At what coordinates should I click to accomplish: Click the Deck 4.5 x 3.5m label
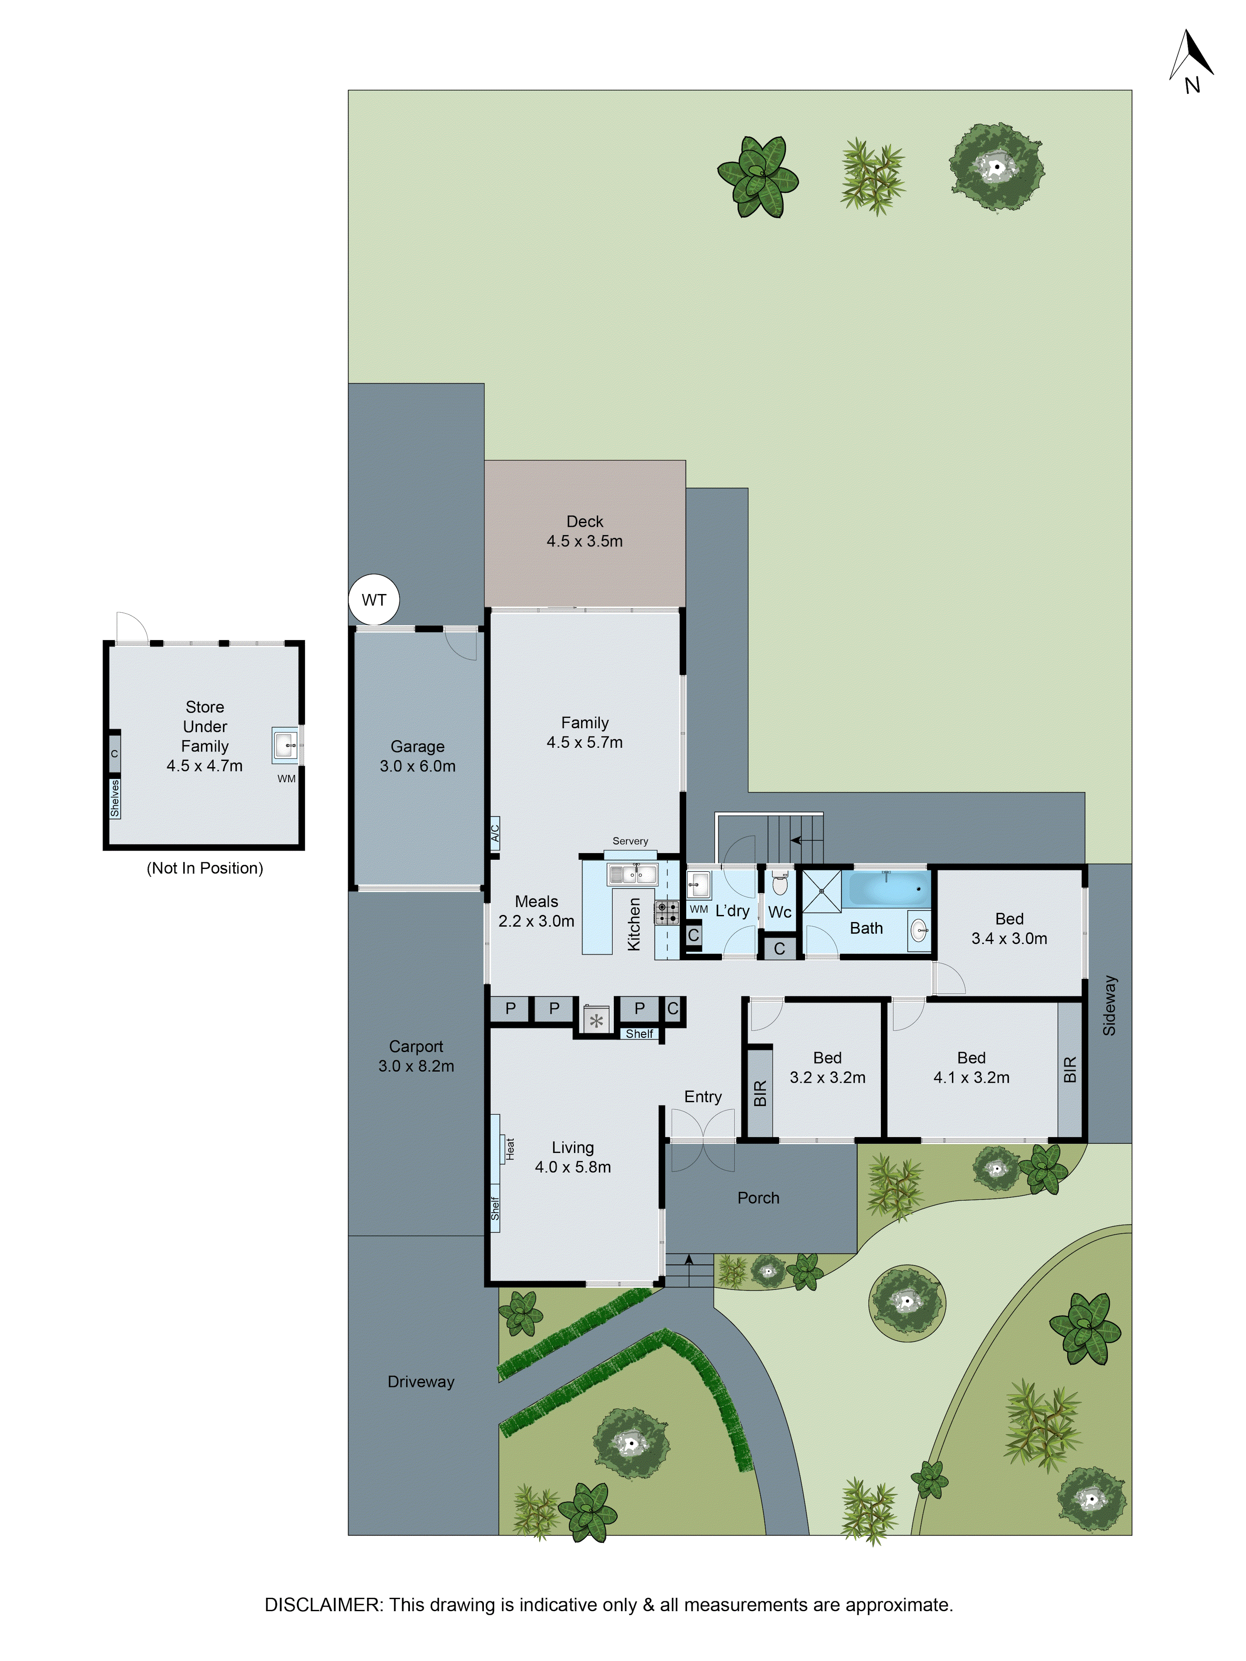(x=584, y=531)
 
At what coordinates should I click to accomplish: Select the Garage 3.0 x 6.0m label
(x=417, y=756)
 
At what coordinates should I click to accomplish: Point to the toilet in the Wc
(x=780, y=884)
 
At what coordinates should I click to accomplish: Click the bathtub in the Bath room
(x=886, y=889)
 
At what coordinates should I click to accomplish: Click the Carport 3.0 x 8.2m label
(x=416, y=1056)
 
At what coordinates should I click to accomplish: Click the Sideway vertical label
(x=1109, y=1005)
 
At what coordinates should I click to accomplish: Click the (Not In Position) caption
(x=204, y=868)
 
